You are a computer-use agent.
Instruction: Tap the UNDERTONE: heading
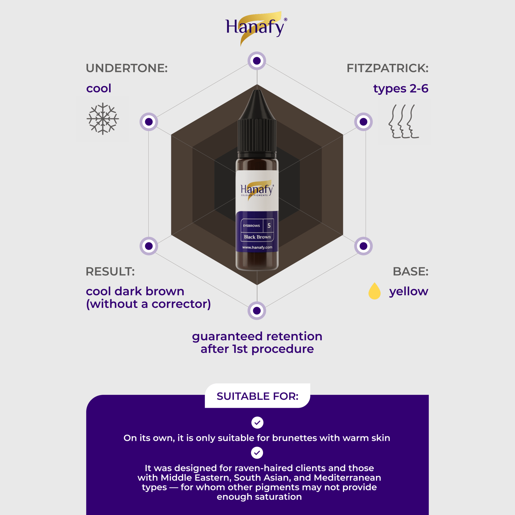click(x=127, y=68)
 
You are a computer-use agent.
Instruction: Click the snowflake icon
click(x=103, y=119)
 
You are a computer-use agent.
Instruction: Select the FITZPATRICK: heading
click(x=387, y=68)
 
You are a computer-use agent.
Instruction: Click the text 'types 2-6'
click(x=401, y=89)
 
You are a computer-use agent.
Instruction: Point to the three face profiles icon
click(x=404, y=121)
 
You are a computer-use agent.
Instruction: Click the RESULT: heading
click(x=110, y=271)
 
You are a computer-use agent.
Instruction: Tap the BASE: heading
click(x=410, y=271)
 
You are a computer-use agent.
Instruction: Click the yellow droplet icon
click(x=374, y=291)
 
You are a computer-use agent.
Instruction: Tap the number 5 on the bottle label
click(x=269, y=226)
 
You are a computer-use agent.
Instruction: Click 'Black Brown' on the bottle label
click(x=257, y=237)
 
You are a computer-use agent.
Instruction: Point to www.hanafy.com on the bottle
click(x=257, y=247)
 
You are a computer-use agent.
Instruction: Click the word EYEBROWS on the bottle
click(x=251, y=226)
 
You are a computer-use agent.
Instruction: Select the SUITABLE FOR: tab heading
click(x=257, y=396)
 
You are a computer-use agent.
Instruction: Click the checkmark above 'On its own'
click(x=257, y=422)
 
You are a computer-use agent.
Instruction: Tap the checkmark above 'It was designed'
click(x=257, y=453)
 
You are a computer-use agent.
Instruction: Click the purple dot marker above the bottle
click(x=257, y=61)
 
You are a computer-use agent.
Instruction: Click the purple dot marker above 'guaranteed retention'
click(x=257, y=311)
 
